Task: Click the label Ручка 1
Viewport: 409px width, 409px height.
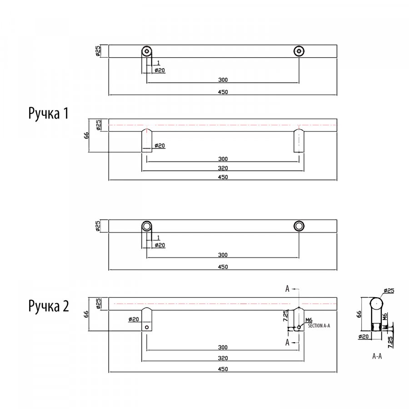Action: [x=49, y=113]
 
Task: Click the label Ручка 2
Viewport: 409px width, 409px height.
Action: [x=49, y=305]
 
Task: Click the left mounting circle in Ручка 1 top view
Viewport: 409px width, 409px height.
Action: [x=146, y=51]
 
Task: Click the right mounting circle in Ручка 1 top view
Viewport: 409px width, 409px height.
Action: [x=299, y=51]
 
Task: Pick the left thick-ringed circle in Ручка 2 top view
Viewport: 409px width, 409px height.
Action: [x=146, y=226]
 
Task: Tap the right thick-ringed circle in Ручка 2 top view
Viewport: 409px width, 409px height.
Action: [x=299, y=226]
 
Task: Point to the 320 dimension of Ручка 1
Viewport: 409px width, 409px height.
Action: [x=223, y=168]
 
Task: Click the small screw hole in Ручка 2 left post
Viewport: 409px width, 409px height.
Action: [x=147, y=326]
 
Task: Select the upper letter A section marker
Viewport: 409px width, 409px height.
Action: [x=287, y=289]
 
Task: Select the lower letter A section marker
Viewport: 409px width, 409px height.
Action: [x=287, y=343]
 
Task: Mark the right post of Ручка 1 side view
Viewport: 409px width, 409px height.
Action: [x=299, y=140]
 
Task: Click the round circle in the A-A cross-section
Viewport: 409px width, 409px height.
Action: [x=376, y=304]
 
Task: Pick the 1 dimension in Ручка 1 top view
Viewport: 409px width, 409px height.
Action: [x=158, y=62]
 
